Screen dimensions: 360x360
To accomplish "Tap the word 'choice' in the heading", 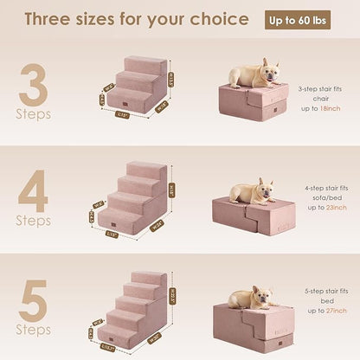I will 222,19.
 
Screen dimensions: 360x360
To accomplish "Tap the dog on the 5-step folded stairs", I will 252,298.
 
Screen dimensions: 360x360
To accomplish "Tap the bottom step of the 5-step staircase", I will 117,333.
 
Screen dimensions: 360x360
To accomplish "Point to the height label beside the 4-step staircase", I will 180,190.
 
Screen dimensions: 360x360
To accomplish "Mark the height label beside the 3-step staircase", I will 170,80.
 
